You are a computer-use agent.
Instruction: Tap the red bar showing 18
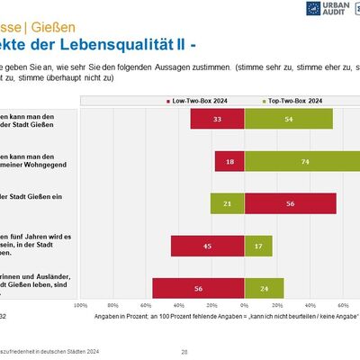229,161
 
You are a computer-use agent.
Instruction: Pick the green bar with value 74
301,161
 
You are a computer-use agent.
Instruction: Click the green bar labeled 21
227,203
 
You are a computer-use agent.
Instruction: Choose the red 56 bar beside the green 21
290,203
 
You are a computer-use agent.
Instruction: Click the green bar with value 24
263,288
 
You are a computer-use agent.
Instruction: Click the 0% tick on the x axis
244,306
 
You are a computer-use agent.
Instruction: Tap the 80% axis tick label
113,306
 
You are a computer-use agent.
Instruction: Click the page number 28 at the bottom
184,351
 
